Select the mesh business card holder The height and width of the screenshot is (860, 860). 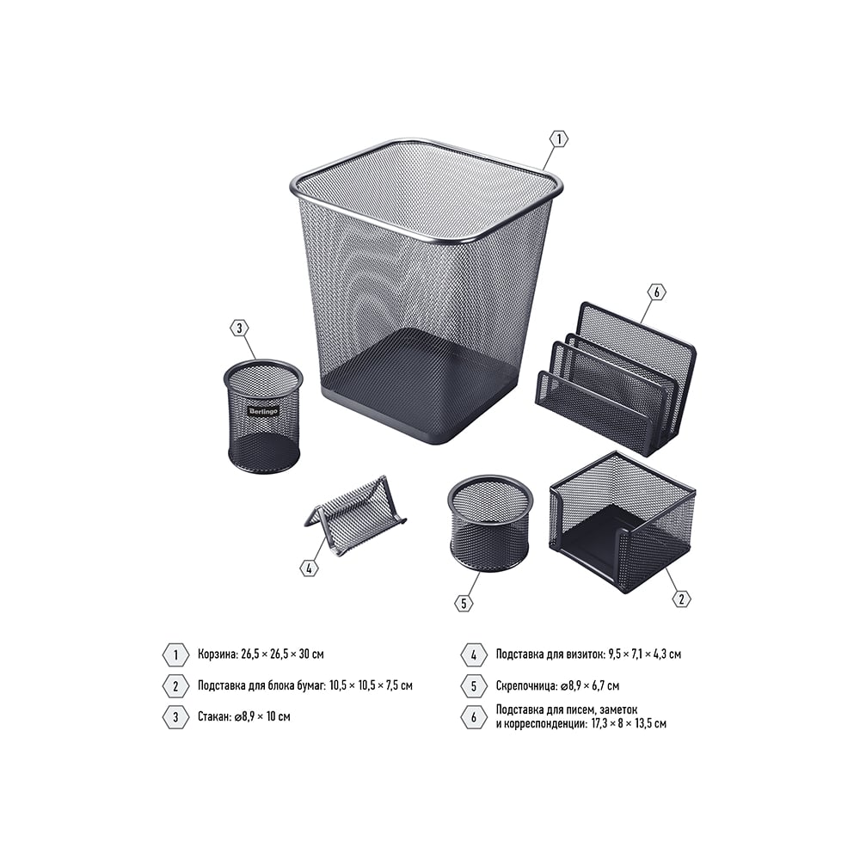[x=354, y=515]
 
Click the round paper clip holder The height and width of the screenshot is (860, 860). [x=490, y=523]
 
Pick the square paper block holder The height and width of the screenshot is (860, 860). [x=623, y=522]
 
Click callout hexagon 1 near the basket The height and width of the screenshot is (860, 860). [x=559, y=139]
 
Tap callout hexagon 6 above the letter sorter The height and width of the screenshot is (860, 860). [x=657, y=292]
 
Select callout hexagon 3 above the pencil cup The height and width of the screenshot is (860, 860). [x=239, y=329]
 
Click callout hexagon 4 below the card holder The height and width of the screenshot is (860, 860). [x=310, y=568]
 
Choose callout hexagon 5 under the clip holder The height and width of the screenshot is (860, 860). [x=464, y=604]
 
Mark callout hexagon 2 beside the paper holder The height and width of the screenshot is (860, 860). [x=682, y=599]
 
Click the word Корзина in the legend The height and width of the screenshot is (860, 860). [x=218, y=654]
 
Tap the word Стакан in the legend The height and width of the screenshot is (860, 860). [x=213, y=716]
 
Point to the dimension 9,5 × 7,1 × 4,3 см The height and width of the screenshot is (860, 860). [x=644, y=654]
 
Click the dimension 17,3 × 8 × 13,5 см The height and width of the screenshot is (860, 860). [x=629, y=723]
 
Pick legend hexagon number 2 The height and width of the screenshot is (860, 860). [x=175, y=685]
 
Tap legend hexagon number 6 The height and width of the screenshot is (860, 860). [x=474, y=717]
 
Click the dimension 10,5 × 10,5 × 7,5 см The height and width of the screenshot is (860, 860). [x=372, y=685]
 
